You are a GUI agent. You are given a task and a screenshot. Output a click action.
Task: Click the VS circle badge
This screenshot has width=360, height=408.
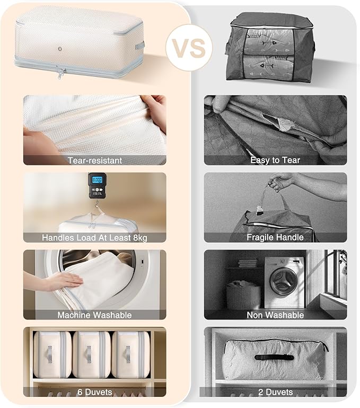pyautogui.click(x=189, y=48)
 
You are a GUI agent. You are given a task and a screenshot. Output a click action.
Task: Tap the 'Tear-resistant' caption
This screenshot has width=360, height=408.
pyautogui.click(x=95, y=161)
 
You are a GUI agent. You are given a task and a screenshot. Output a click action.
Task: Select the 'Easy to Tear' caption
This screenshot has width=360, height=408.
pyautogui.click(x=275, y=160)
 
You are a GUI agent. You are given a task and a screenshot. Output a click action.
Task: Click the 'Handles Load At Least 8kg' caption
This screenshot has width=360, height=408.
pyautogui.click(x=94, y=237)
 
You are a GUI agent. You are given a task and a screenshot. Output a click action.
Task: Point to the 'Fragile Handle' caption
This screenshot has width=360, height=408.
pyautogui.click(x=275, y=237)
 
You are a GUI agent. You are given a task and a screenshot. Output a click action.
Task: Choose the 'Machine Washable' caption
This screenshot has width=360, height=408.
pyautogui.click(x=94, y=315)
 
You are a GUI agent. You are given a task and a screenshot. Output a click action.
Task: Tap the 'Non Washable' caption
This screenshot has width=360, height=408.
pyautogui.click(x=275, y=315)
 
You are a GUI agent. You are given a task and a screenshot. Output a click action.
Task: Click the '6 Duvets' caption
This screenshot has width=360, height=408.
pyautogui.click(x=95, y=392)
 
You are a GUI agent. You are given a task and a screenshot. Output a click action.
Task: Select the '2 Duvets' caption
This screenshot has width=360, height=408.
pyautogui.click(x=275, y=392)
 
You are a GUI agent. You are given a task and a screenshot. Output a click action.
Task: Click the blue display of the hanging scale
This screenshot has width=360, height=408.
pyautogui.click(x=97, y=180)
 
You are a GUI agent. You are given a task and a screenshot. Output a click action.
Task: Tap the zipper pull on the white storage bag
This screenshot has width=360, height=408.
pyautogui.click(x=60, y=74)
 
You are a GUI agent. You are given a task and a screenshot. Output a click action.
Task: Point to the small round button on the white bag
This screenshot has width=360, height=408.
pyautogui.click(x=60, y=49)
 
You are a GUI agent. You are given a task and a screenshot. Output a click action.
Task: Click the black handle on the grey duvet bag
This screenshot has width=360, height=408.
pyautogui.click(x=274, y=357)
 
